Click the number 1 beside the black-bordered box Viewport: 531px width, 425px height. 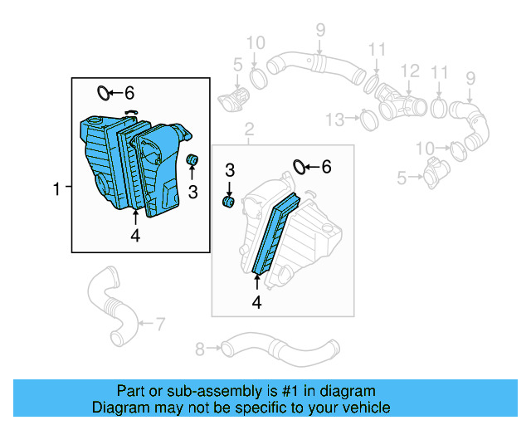[56, 190]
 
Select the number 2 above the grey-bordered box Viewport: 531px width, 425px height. [247, 129]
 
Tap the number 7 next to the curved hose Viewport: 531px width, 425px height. [160, 322]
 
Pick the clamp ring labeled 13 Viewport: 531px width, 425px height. [368, 121]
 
